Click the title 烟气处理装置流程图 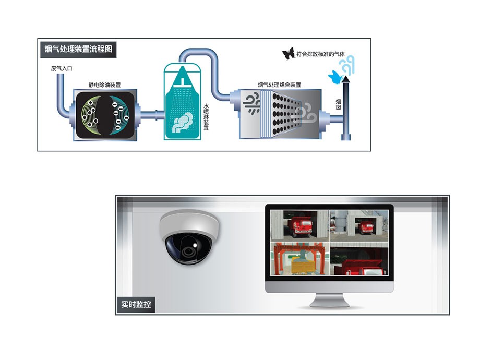(x=78, y=50)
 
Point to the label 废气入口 (x=62, y=69)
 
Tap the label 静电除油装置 (x=104, y=85)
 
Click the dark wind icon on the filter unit (x=252, y=103)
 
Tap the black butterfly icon (x=288, y=53)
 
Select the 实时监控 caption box (x=136, y=304)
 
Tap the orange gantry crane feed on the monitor (x=299, y=259)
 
